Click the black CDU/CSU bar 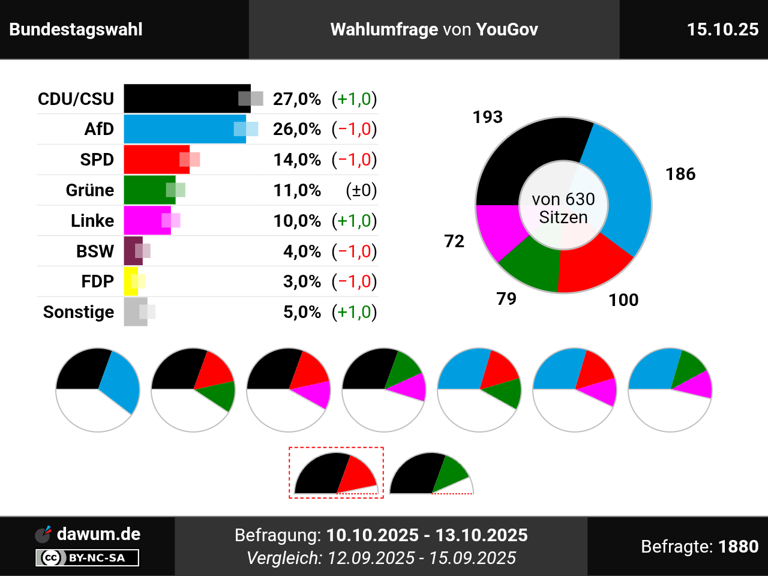pyautogui.click(x=180, y=98)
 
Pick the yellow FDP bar pyautogui.click(x=129, y=281)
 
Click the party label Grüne pyautogui.click(x=90, y=190)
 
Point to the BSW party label pyautogui.click(x=95, y=251)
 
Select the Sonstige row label pyautogui.click(x=79, y=312)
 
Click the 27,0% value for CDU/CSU pyautogui.click(x=297, y=99)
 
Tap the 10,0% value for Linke pyautogui.click(x=297, y=221)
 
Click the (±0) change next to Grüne pyautogui.click(x=361, y=190)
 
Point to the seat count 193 pyautogui.click(x=487, y=117)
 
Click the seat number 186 pyautogui.click(x=680, y=174)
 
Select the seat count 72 pyautogui.click(x=454, y=241)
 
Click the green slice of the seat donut pyautogui.click(x=531, y=264)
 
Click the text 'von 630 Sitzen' pyautogui.click(x=563, y=208)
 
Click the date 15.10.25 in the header pyautogui.click(x=722, y=29)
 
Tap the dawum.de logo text pyautogui.click(x=98, y=534)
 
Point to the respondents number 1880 pyautogui.click(x=738, y=547)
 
